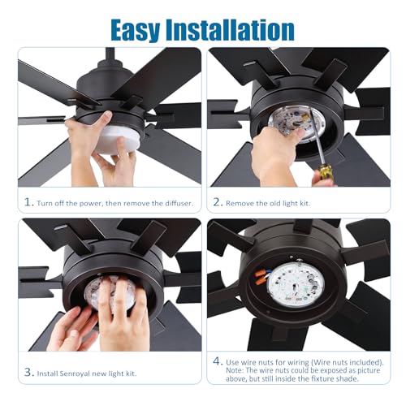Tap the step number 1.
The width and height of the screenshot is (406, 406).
[x=28, y=201]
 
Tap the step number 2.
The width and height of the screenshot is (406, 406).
[x=217, y=201]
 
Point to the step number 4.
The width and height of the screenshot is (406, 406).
[x=217, y=360]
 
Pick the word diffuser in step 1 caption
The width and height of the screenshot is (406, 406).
[x=173, y=201]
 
